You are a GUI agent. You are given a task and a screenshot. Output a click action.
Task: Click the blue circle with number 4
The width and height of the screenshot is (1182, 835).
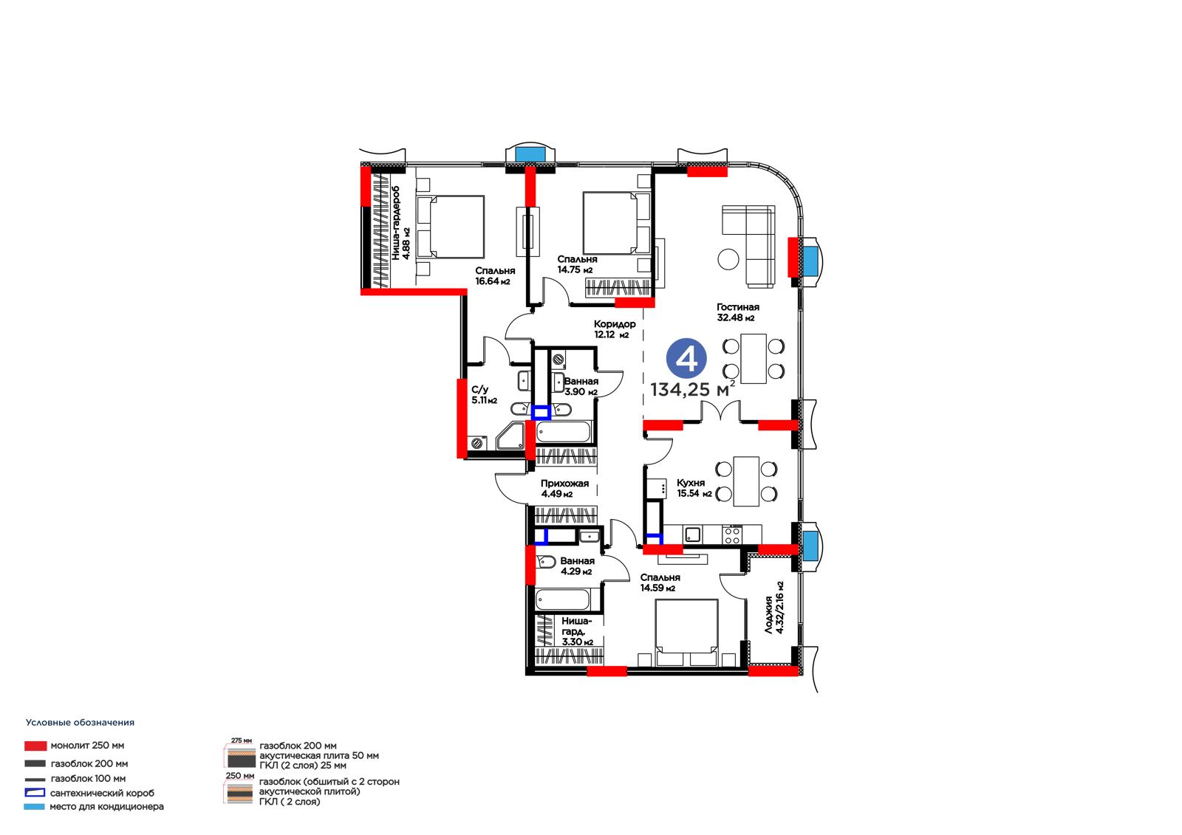[686, 359]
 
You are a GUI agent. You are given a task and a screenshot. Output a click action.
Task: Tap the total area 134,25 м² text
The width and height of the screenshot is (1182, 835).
[692, 389]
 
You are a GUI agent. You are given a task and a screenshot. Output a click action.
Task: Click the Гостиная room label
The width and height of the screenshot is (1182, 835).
[738, 307]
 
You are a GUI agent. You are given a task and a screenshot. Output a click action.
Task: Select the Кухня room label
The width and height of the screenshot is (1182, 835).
[691, 483]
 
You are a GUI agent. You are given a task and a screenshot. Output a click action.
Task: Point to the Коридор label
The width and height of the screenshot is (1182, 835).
[615, 324]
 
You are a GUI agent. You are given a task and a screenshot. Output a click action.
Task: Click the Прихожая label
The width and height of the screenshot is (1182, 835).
[564, 483]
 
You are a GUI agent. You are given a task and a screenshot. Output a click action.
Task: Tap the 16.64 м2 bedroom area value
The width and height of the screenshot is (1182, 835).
[493, 282]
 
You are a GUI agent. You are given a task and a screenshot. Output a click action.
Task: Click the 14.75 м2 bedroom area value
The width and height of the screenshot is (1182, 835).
[575, 269]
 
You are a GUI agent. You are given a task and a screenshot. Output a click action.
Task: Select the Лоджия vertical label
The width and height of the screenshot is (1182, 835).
[769, 614]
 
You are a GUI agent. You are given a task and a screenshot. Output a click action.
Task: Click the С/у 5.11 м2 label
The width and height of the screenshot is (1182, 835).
[484, 394]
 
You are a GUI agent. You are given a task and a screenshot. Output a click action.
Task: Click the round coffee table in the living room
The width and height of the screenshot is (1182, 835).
[728, 259]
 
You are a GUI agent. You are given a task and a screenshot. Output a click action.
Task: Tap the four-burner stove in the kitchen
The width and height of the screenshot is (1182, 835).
[731, 535]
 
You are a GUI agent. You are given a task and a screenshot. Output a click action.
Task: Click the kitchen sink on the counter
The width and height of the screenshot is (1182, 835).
[692, 535]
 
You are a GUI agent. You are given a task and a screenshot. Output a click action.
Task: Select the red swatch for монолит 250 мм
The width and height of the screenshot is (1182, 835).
[35, 746]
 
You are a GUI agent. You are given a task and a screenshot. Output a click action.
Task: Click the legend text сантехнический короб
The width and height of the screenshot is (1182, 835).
[103, 794]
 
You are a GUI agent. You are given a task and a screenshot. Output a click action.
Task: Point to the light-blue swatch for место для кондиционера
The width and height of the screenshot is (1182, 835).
[34, 807]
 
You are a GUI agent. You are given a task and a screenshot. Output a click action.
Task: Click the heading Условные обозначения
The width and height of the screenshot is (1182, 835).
[81, 723]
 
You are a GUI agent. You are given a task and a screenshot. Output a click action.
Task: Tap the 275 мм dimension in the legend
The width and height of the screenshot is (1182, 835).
[242, 740]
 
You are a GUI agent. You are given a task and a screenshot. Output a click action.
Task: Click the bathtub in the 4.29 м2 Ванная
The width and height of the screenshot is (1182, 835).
[562, 600]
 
